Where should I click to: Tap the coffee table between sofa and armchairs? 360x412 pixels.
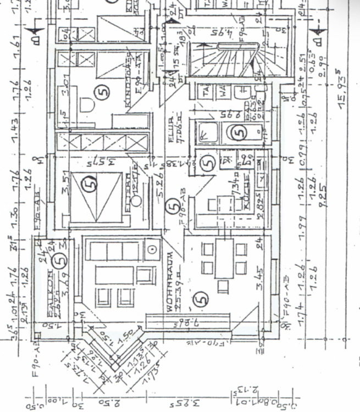[x=114, y=274]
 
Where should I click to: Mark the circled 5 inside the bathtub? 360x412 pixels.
[x=238, y=132]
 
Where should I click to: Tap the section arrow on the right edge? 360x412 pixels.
[x=317, y=36]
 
